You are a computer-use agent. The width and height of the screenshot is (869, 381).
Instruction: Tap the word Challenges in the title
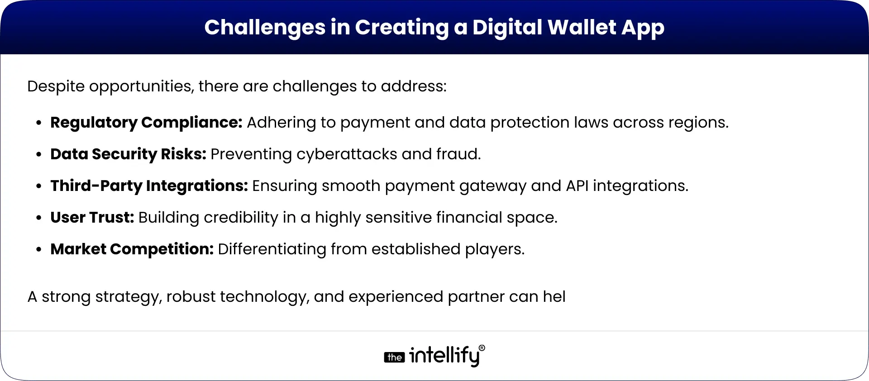click(x=264, y=27)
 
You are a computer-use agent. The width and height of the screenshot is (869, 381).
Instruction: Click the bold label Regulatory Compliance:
click(x=146, y=123)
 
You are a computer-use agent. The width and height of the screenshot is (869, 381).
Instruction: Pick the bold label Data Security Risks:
click(x=128, y=154)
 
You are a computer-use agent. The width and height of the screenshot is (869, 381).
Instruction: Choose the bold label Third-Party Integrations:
click(x=149, y=186)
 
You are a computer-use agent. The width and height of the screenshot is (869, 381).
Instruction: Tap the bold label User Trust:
click(x=92, y=218)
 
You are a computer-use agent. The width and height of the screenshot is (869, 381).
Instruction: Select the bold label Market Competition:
click(x=132, y=249)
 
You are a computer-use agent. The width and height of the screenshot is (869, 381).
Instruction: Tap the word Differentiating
click(x=272, y=249)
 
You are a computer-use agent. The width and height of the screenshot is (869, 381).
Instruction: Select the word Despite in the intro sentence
click(x=56, y=86)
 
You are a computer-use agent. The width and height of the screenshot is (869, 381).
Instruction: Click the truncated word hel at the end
click(x=554, y=297)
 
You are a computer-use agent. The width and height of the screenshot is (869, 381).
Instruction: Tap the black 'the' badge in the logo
click(x=394, y=357)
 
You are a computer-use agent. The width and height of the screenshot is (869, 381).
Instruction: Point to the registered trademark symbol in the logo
click(x=482, y=348)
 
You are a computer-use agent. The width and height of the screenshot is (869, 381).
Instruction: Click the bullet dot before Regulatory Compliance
click(x=39, y=123)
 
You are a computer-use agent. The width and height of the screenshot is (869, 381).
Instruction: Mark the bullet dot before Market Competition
click(x=39, y=250)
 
